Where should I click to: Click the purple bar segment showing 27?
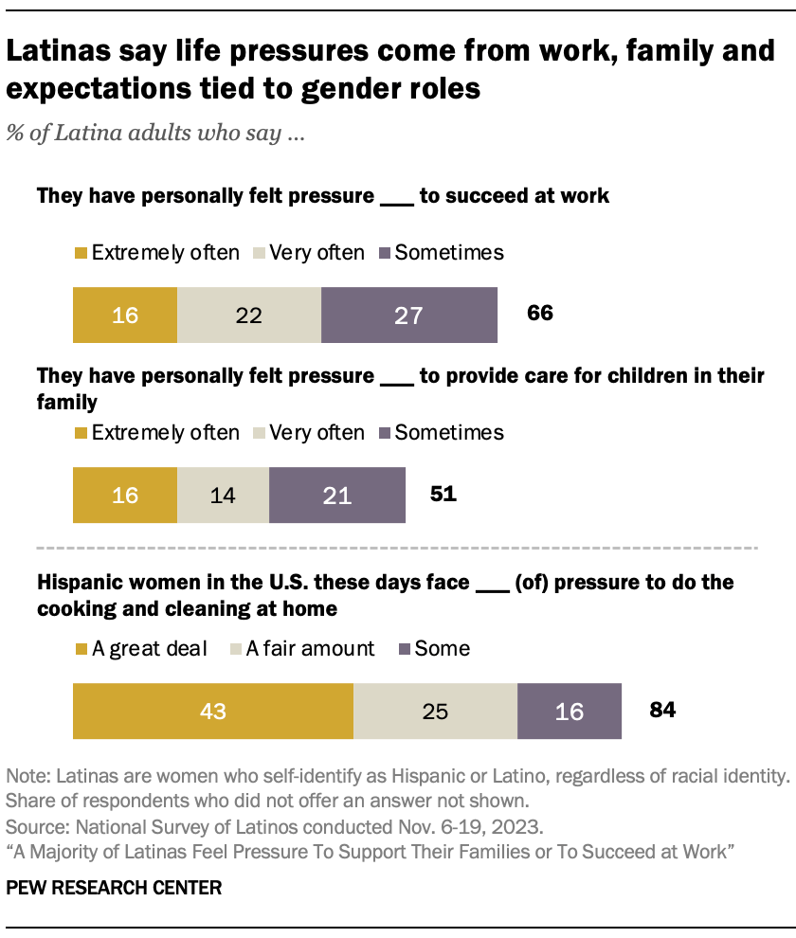(408, 315)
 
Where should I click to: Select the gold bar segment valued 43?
(213, 710)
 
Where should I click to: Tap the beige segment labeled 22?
(248, 315)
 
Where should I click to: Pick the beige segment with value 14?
(223, 495)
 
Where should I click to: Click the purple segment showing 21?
(337, 495)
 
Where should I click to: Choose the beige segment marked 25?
(435, 710)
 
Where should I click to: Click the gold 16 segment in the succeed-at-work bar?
(125, 315)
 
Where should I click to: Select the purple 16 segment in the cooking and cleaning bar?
(570, 710)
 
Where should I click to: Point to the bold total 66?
(540, 314)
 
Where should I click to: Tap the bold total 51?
(443, 494)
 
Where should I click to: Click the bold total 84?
(661, 709)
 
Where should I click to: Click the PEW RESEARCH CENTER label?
(115, 888)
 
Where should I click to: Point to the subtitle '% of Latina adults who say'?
(155, 134)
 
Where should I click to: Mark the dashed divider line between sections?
(397, 549)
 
